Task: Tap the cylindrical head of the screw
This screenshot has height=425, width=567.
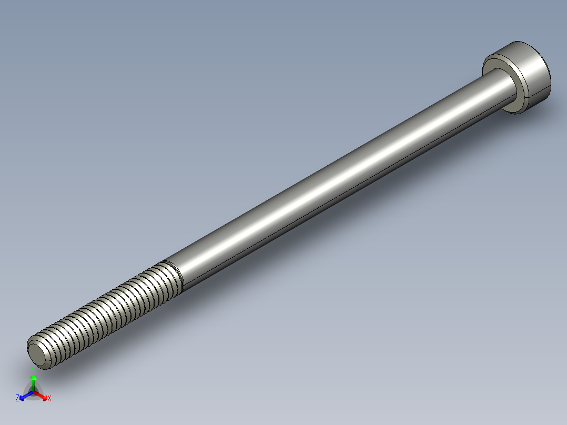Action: click(531, 74)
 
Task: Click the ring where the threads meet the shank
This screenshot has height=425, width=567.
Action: click(173, 275)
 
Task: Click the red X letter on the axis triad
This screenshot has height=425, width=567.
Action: click(49, 399)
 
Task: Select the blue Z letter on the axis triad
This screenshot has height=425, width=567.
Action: click(17, 398)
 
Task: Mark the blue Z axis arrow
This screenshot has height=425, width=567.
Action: click(24, 396)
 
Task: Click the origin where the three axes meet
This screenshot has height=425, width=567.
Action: click(33, 392)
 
